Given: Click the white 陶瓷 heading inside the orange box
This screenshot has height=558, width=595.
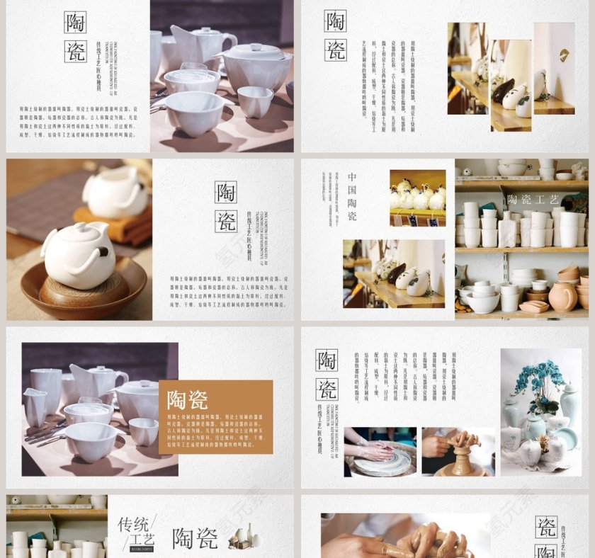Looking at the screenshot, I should point(187,401).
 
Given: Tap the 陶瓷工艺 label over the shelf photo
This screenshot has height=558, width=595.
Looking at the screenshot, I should point(533,200).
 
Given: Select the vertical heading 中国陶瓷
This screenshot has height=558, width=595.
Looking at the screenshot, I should point(352,196).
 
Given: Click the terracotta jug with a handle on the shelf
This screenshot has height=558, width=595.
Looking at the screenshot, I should point(562,296).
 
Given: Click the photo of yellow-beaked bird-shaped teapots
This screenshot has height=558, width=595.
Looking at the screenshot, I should point(417,198).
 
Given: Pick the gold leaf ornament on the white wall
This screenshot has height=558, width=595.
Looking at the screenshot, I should point(564,55).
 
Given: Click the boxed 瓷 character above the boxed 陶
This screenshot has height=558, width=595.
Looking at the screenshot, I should point(545,526).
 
